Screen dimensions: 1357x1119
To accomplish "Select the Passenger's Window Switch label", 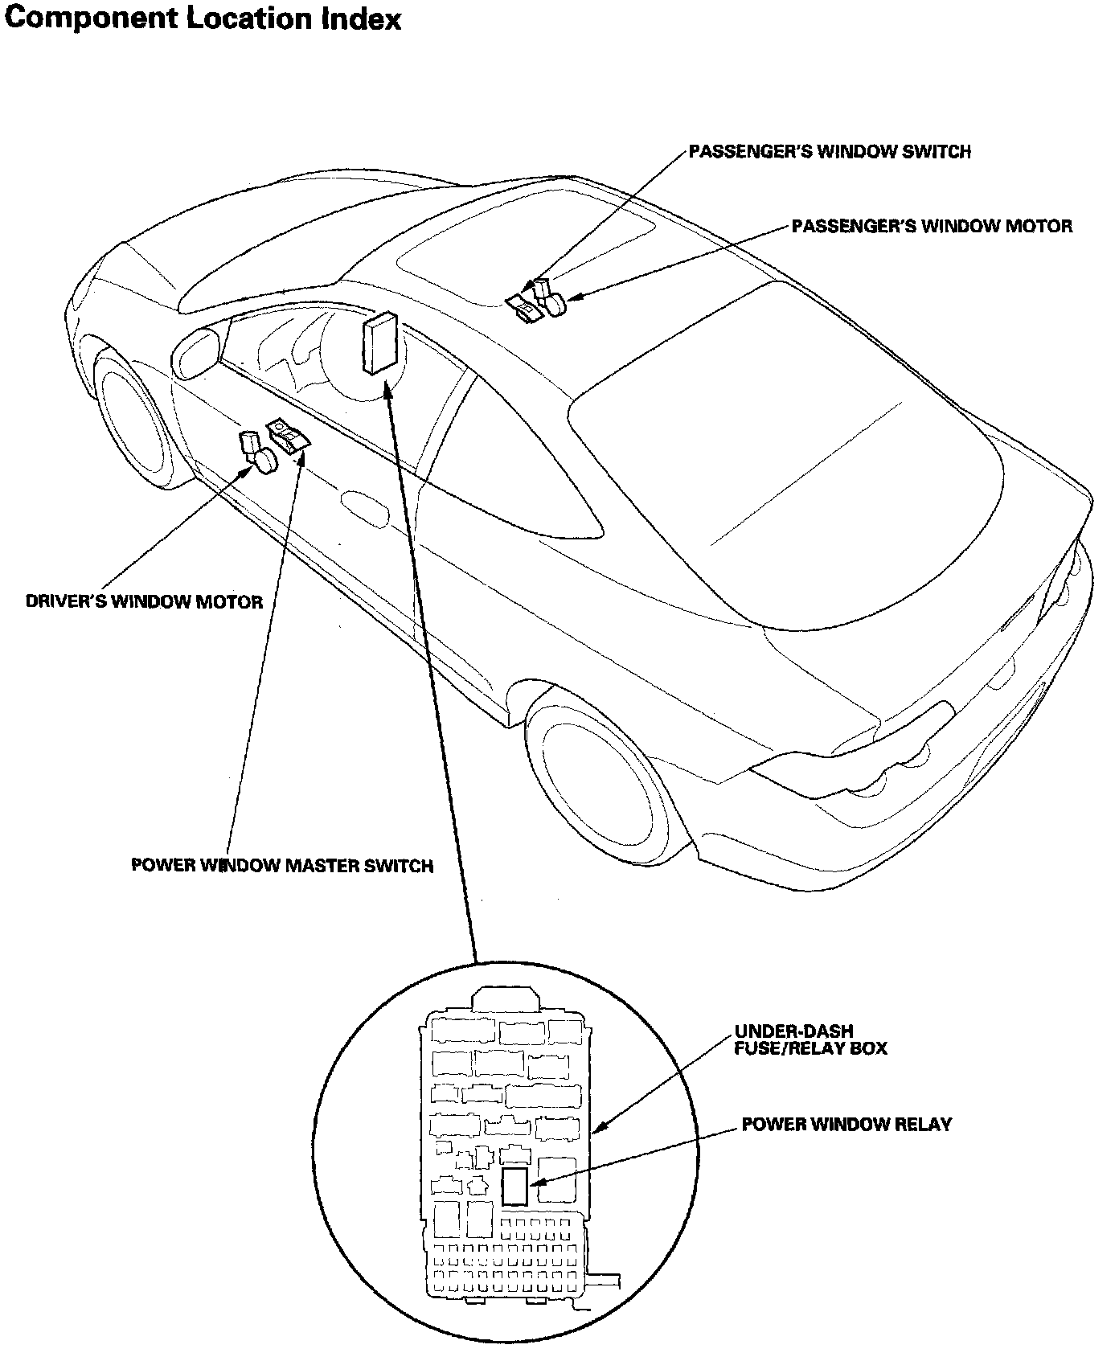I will (x=830, y=151).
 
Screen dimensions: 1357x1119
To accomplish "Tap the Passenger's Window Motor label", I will (x=932, y=226).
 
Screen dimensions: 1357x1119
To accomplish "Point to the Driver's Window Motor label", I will (x=145, y=601).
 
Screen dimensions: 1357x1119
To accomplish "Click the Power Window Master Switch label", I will (x=282, y=866).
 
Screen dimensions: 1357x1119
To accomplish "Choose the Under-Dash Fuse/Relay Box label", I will (x=810, y=1039).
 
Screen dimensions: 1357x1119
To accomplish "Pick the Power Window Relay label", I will (x=846, y=1124).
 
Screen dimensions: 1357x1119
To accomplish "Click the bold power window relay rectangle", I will (x=514, y=1186).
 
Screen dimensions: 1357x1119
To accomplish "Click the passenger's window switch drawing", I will (x=524, y=308).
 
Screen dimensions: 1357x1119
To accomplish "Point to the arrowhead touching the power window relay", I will (x=536, y=1183).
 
